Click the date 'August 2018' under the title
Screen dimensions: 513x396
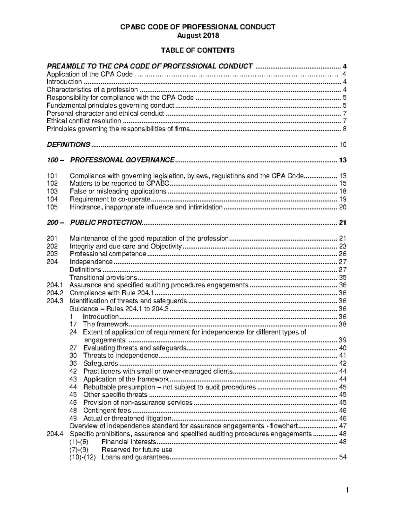(198, 35)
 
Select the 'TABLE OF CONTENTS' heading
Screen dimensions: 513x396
(198, 50)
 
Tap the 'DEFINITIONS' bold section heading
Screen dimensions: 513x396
(68, 144)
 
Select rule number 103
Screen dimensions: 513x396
(52, 191)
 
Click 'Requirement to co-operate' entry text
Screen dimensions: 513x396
(110, 199)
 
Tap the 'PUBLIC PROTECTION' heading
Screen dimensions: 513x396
(106, 223)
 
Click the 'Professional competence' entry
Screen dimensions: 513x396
(108, 254)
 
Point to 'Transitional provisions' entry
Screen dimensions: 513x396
(103, 277)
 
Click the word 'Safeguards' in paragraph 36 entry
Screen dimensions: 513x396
(100, 364)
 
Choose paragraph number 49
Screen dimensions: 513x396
(73, 419)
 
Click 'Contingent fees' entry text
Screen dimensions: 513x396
(107, 411)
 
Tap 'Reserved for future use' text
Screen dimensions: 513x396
(137, 450)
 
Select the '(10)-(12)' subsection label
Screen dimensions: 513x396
(82, 458)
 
